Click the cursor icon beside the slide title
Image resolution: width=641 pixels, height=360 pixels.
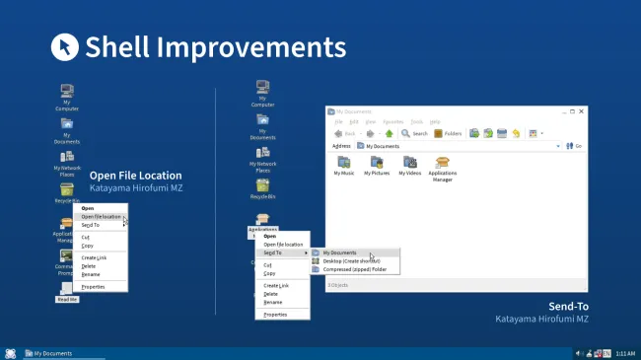64,46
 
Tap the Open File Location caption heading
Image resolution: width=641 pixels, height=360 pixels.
136,175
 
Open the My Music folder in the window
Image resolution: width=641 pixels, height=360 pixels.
344,165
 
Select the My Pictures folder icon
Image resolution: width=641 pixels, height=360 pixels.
376,165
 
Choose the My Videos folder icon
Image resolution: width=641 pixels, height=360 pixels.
409,165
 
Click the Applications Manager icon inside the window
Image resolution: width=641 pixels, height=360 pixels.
442,167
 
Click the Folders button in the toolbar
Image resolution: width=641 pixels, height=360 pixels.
448,133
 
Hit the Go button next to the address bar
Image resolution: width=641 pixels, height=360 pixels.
575,146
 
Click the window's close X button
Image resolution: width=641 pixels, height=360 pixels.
579,110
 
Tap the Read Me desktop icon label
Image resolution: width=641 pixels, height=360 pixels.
67,299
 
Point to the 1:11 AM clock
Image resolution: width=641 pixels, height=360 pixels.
625,353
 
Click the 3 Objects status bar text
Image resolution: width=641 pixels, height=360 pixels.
338,285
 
